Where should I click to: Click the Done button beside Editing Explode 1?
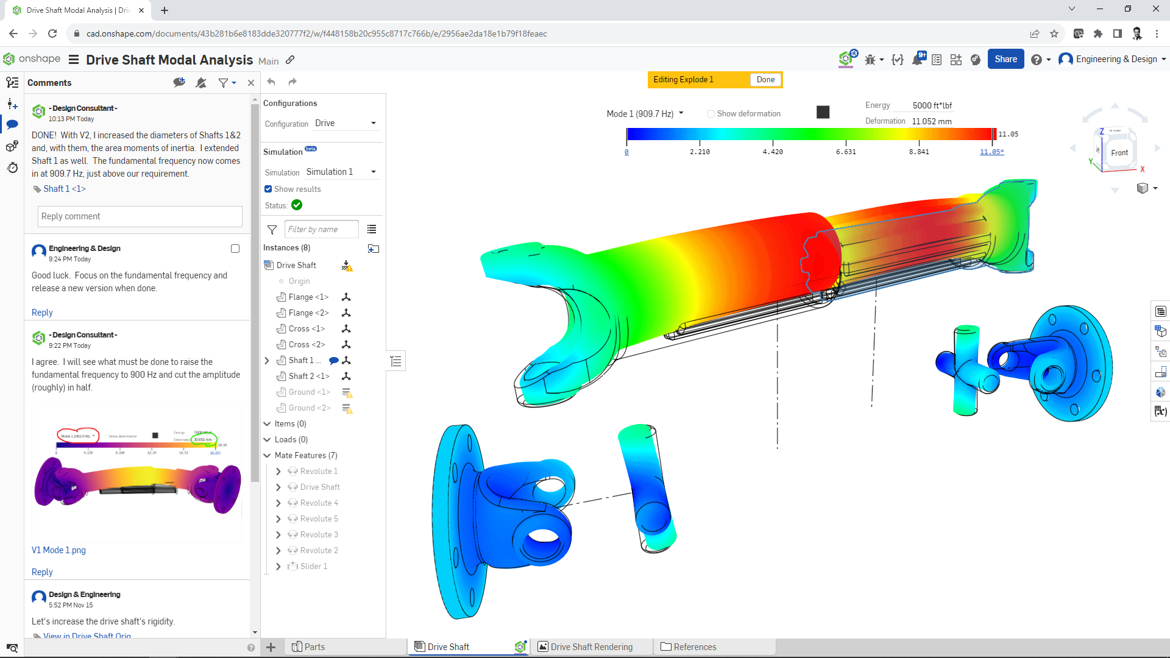click(x=765, y=80)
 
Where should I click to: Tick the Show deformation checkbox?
click(x=711, y=114)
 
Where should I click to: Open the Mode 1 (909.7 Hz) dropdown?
click(x=645, y=114)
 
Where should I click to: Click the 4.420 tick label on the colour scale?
click(x=772, y=152)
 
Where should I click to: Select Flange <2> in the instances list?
click(x=308, y=313)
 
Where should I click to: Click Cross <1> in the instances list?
click(x=307, y=329)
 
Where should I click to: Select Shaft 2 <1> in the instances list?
click(x=308, y=377)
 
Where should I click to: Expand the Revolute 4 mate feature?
click(x=278, y=503)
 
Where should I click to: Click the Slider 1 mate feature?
click(x=313, y=567)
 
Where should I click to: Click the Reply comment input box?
click(x=140, y=216)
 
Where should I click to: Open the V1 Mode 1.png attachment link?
click(x=58, y=550)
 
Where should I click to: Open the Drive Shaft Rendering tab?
click(x=590, y=647)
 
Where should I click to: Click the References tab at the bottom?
click(x=694, y=647)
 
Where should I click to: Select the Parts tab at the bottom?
click(x=314, y=647)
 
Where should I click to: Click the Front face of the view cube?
click(x=1119, y=153)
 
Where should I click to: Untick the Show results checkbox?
click(x=268, y=189)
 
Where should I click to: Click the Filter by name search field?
click(x=321, y=230)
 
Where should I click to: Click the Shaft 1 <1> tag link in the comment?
click(x=64, y=189)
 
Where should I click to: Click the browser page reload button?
click(x=52, y=34)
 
